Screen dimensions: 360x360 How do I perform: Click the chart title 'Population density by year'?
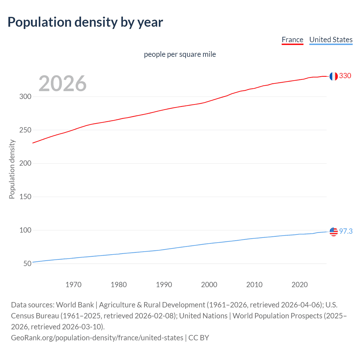85,22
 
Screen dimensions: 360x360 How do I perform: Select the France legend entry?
292,40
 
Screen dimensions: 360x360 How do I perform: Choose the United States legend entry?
331,40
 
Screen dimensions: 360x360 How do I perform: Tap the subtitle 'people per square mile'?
180,54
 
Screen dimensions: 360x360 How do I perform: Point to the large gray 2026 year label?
62,84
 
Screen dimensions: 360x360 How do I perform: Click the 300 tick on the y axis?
25,96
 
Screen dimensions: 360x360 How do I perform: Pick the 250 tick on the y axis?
25,130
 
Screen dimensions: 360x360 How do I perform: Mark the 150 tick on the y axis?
25,197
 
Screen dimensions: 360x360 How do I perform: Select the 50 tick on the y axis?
27,264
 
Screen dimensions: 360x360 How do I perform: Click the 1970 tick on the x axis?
73,285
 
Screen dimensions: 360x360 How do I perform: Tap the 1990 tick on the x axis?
164,285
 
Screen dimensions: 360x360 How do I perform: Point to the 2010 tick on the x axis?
254,285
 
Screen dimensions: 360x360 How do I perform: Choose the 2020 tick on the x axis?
300,285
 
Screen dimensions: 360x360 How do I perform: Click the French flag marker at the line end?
334,76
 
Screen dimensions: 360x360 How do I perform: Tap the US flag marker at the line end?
334,232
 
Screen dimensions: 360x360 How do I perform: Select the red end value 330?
345,76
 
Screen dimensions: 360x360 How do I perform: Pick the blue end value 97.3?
346,231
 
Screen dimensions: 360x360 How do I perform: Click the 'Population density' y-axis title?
12,169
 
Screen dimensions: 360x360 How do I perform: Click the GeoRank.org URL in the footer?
97,338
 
